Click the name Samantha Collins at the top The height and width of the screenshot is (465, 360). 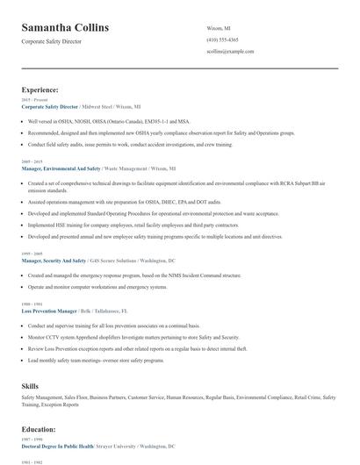[66, 28]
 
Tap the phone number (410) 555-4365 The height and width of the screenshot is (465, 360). [221, 40]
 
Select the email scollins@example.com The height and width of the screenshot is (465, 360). [230, 52]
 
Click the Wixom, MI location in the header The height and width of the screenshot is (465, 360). [218, 28]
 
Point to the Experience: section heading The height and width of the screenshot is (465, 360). [40, 89]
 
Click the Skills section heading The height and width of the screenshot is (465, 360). [32, 385]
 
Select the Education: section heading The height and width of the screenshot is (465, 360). [39, 429]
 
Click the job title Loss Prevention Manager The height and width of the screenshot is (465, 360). [49, 311]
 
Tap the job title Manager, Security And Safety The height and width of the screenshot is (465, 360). [54, 261]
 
